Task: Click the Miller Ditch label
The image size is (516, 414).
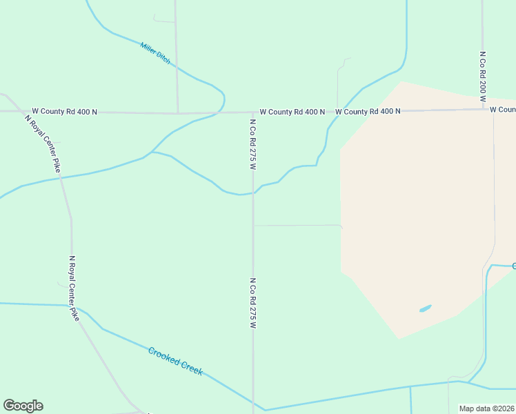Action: pyautogui.click(x=155, y=53)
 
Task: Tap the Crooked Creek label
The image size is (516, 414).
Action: pyautogui.click(x=176, y=361)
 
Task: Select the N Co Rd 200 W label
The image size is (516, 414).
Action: pyautogui.click(x=483, y=73)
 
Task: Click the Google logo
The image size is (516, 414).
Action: pyautogui.click(x=23, y=406)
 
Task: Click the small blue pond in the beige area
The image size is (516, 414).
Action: pyautogui.click(x=426, y=308)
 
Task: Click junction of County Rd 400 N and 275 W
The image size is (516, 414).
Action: pyautogui.click(x=252, y=112)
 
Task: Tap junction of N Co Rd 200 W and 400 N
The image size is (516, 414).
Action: pyautogui.click(x=483, y=109)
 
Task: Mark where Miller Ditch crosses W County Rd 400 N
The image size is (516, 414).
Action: pyautogui.click(x=222, y=112)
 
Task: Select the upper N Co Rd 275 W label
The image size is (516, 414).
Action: pyautogui.click(x=252, y=144)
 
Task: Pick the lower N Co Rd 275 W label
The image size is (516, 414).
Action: pyautogui.click(x=252, y=303)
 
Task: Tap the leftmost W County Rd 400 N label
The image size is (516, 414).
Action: pyautogui.click(x=64, y=111)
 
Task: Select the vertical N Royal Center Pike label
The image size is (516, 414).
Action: pyautogui.click(x=71, y=288)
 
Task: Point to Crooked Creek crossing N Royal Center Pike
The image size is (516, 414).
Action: pyautogui.click(x=78, y=308)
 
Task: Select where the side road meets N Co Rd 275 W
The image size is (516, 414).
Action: pyautogui.click(x=252, y=225)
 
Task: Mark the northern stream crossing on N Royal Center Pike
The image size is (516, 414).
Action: pyautogui.click(x=61, y=178)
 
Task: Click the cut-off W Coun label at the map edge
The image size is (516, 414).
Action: pyautogui.click(x=502, y=109)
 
